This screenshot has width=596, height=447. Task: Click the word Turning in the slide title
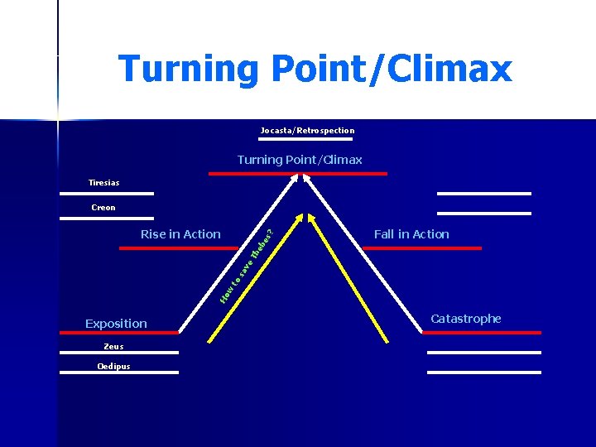pyautogui.click(x=188, y=68)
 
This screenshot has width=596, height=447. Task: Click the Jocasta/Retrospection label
pyautogui.click(x=307, y=130)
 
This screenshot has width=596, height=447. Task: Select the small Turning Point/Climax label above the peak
pyautogui.click(x=300, y=160)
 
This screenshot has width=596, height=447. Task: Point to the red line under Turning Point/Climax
pyautogui.click(x=298, y=174)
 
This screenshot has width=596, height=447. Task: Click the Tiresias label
pyautogui.click(x=104, y=182)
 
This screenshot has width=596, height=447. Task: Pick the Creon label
pyautogui.click(x=103, y=207)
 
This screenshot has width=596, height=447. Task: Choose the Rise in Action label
pyautogui.click(x=180, y=234)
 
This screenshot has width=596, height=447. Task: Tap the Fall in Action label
pyautogui.click(x=411, y=234)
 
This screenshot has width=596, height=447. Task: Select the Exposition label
pyautogui.click(x=116, y=324)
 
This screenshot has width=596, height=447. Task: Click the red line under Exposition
pyautogui.click(x=119, y=333)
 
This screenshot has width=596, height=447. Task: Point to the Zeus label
pyautogui.click(x=113, y=347)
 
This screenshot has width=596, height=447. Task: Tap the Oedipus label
pyautogui.click(x=113, y=366)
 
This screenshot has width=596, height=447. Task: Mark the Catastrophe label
pyautogui.click(x=466, y=319)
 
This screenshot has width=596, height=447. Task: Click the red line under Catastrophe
pyautogui.click(x=482, y=333)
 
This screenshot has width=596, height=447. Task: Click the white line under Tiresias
pyautogui.click(x=106, y=194)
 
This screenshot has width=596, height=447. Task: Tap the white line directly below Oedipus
pyautogui.click(x=119, y=372)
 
